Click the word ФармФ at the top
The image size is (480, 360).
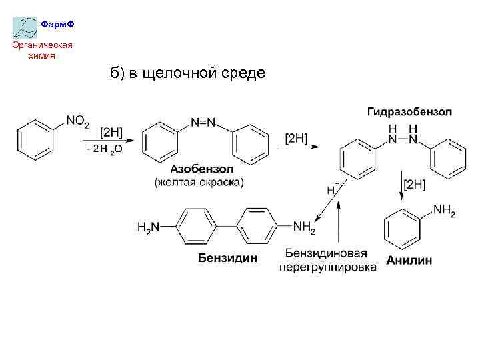tap(57, 25)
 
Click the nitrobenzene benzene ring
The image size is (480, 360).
tap(33, 139)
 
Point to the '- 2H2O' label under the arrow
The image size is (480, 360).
tap(104, 149)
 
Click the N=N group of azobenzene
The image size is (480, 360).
tap(203, 122)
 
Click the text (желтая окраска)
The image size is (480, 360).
tap(199, 182)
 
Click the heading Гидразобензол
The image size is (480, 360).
tap(409, 110)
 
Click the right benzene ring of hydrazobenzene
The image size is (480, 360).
tap(447, 160)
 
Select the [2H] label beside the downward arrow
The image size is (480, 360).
tap(413, 185)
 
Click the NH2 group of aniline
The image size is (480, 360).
tap(444, 211)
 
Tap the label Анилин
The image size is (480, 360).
tap(409, 260)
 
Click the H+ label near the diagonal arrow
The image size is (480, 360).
tap(332, 188)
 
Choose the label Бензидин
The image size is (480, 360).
tap(227, 258)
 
